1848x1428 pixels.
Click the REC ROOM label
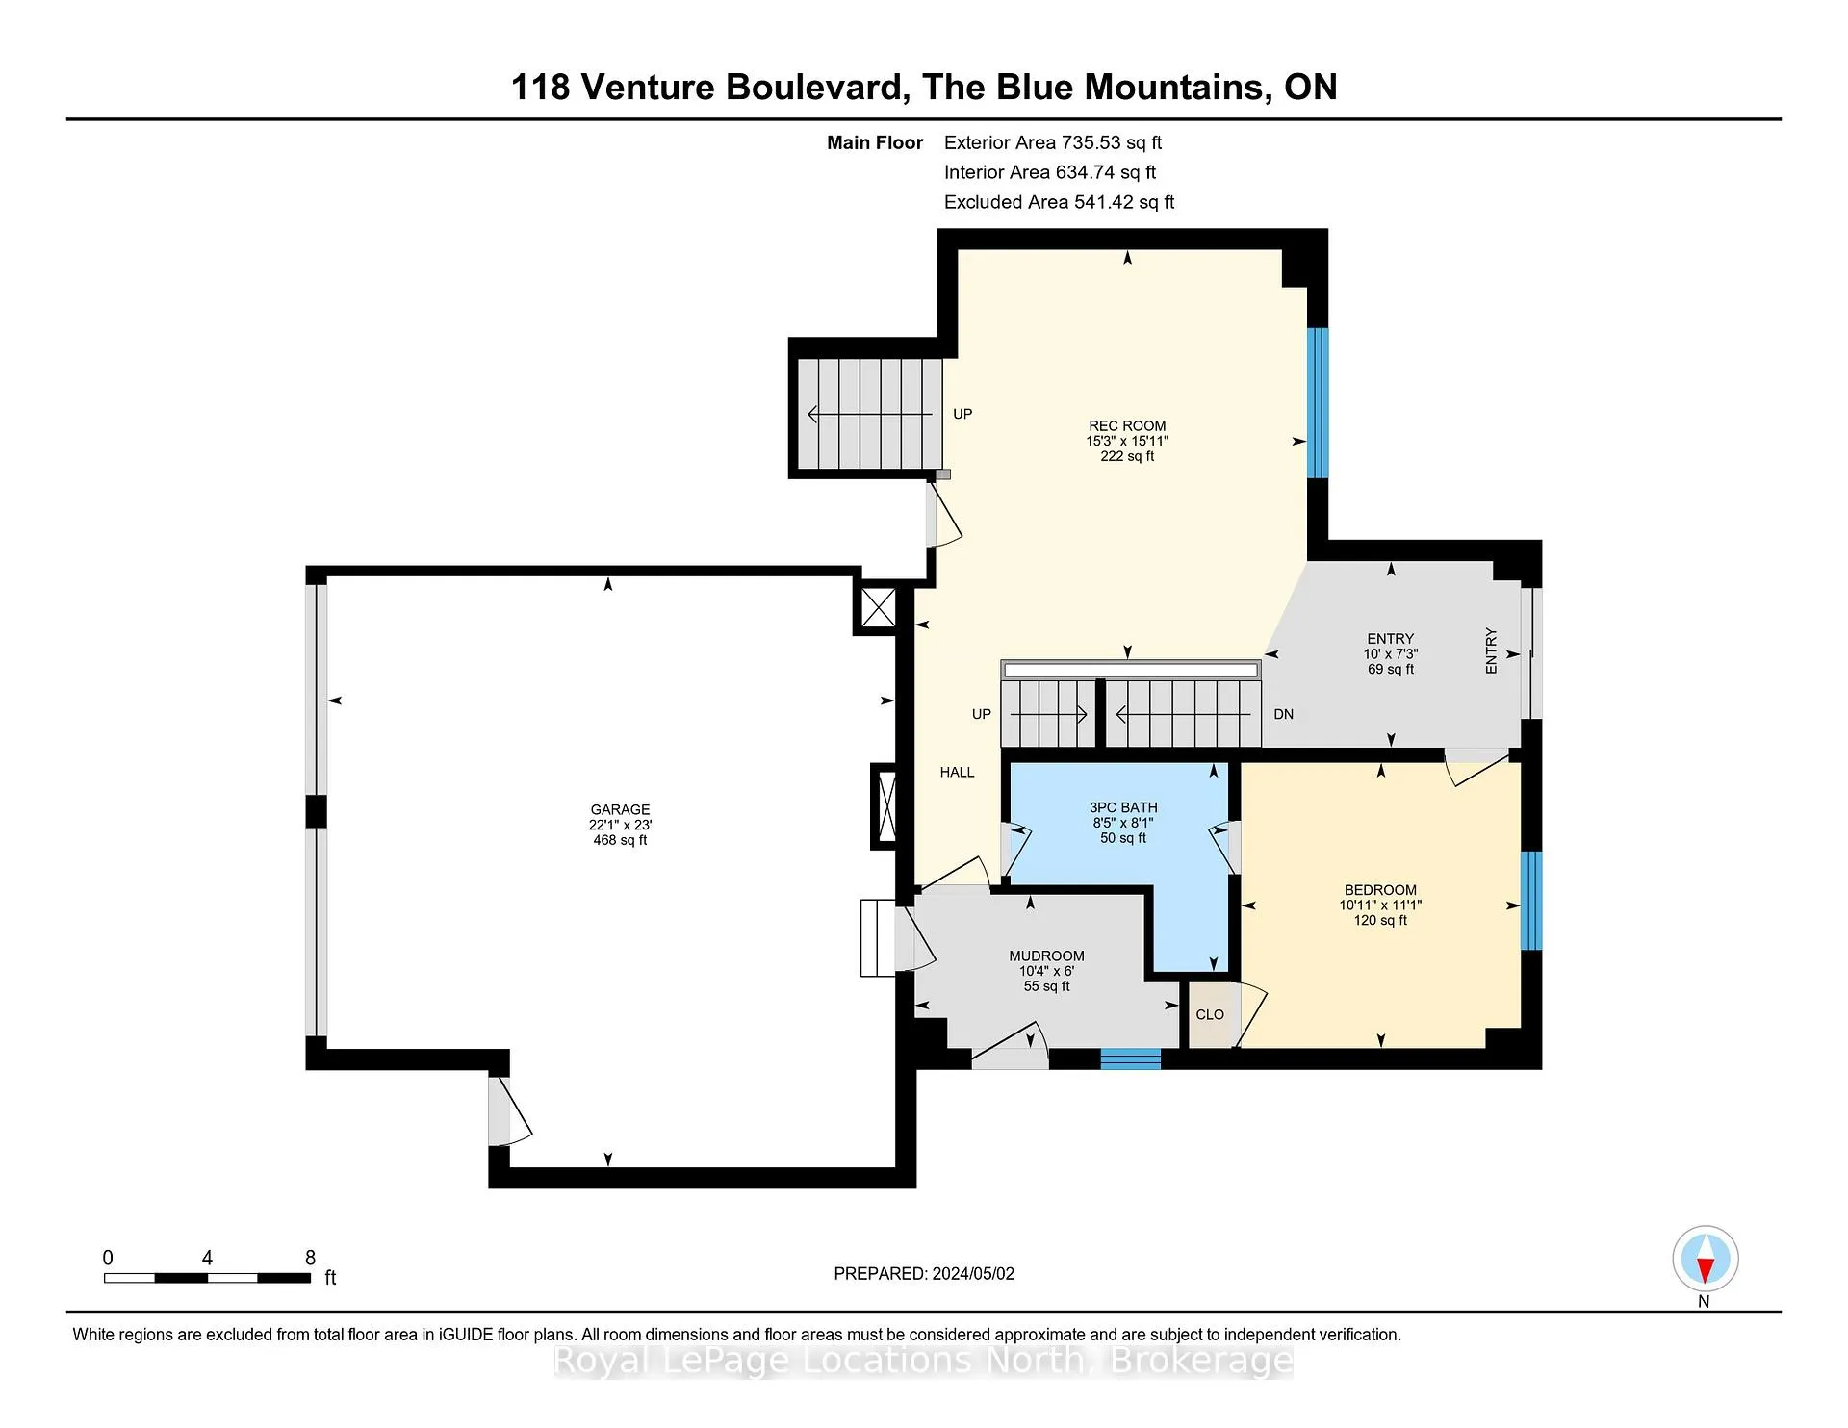1127,425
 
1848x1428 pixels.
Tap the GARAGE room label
620,809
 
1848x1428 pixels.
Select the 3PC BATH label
1123,807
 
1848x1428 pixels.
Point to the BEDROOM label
1380,890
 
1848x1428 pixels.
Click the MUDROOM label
1046,956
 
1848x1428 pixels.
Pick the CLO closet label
1210,1014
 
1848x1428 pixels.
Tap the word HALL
957,772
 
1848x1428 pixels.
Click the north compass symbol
1705,1259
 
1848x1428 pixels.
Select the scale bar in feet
207,1278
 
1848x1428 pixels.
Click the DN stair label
1283,714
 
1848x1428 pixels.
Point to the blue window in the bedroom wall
1530,901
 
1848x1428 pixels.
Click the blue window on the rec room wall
1318,403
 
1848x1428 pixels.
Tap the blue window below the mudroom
1131,1058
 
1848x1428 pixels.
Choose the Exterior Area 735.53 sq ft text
1053,142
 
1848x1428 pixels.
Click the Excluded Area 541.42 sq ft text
1059,202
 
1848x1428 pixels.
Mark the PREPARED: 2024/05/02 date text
924,1273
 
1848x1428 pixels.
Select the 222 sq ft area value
1127,456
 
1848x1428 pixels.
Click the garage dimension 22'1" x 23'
620,825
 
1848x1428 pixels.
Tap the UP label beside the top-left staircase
962,414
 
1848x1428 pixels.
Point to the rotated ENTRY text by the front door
1491,650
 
